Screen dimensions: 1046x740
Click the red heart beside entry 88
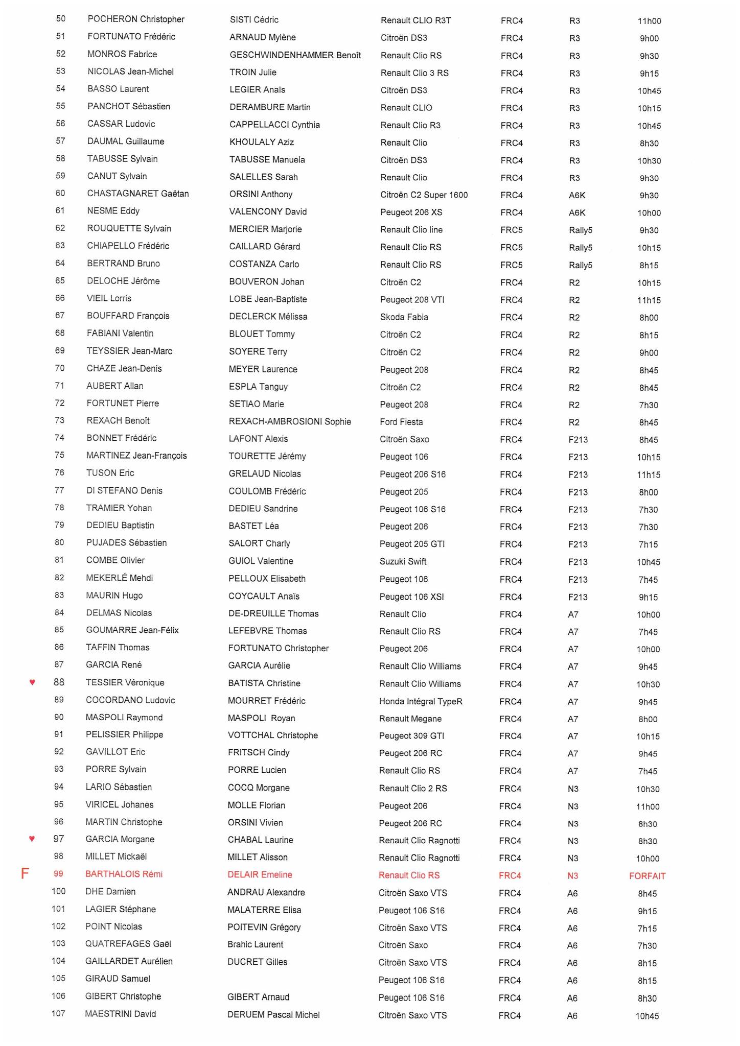click(32, 682)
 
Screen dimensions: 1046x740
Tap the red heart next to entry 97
click(32, 838)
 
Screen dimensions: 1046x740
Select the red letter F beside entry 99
click(25, 874)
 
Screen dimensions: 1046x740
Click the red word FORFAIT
click(647, 876)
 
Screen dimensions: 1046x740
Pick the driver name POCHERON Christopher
click(136, 19)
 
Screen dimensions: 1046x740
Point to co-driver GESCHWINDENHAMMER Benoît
click(295, 55)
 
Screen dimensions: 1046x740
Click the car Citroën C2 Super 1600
click(424, 195)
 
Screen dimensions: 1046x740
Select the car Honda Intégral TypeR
click(421, 701)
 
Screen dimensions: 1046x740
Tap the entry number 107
click(58, 1013)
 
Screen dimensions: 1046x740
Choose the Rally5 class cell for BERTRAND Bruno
click(580, 265)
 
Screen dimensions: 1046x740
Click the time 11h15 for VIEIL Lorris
click(649, 300)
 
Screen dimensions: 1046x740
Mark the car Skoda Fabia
click(404, 317)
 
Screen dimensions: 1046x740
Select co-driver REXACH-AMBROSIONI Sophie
click(290, 421)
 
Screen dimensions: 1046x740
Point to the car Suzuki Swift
click(403, 561)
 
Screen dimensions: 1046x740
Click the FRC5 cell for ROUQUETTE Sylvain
click(511, 230)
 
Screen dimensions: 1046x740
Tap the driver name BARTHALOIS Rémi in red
click(124, 874)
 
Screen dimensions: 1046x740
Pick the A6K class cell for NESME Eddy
click(577, 212)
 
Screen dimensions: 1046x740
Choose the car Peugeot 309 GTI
click(411, 735)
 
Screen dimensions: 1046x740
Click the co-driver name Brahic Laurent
click(255, 944)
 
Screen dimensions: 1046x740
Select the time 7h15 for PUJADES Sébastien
click(648, 544)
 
